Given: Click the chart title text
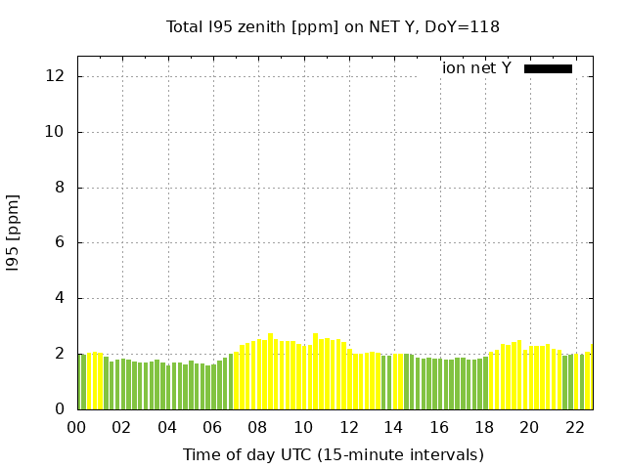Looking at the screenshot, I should click(x=333, y=26).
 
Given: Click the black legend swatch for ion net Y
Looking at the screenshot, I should click(x=548, y=68).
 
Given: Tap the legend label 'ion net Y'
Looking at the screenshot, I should click(x=476, y=68).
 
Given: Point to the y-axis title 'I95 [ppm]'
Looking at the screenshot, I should click(x=13, y=232).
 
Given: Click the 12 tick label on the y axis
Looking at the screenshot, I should click(x=59, y=76).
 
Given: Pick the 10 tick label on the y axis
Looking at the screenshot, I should click(x=59, y=132).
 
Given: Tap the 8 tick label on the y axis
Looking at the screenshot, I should click(x=62, y=188).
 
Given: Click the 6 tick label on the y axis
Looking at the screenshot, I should click(x=62, y=242).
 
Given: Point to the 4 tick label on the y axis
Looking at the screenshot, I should click(x=62, y=298).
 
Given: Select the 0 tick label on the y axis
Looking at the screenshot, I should click(x=62, y=409).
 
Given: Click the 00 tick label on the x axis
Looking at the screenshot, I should click(x=76, y=427).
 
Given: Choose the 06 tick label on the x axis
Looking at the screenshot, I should click(x=212, y=427).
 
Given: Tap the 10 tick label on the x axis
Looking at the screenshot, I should click(x=302, y=427).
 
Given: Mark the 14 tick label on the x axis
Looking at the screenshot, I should click(x=393, y=427).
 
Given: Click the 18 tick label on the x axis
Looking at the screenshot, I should click(x=483, y=427).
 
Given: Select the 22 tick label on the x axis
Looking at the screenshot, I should click(x=574, y=427).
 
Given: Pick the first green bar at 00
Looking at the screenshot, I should click(x=81, y=382).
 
